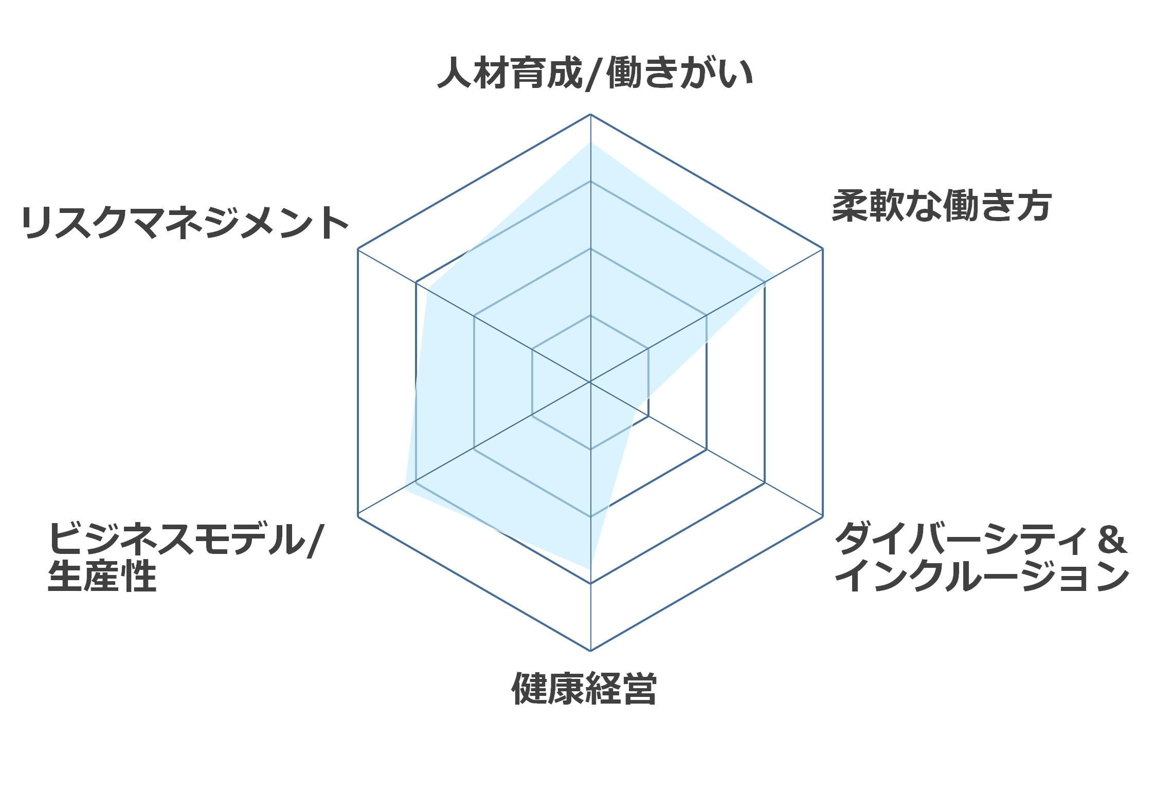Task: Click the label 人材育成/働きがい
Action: click(x=595, y=74)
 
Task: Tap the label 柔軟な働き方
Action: click(x=942, y=206)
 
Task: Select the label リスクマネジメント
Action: click(x=185, y=223)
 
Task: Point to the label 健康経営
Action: click(x=584, y=688)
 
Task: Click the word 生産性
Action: click(x=102, y=576)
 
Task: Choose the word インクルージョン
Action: click(x=982, y=576)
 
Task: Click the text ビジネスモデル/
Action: click(x=186, y=539)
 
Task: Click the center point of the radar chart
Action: click(x=590, y=382)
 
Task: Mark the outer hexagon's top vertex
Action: click(x=590, y=114)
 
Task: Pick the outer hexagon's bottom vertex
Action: click(x=590, y=651)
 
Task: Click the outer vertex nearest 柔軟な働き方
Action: click(x=823, y=249)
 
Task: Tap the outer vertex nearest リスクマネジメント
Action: click(x=358, y=249)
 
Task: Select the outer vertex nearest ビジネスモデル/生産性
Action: click(x=358, y=516)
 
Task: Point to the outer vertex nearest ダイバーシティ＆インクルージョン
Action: click(x=823, y=516)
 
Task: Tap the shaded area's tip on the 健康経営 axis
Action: click(x=590, y=569)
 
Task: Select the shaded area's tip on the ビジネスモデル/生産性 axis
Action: click(x=404, y=489)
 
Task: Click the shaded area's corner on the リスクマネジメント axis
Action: click(x=428, y=289)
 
